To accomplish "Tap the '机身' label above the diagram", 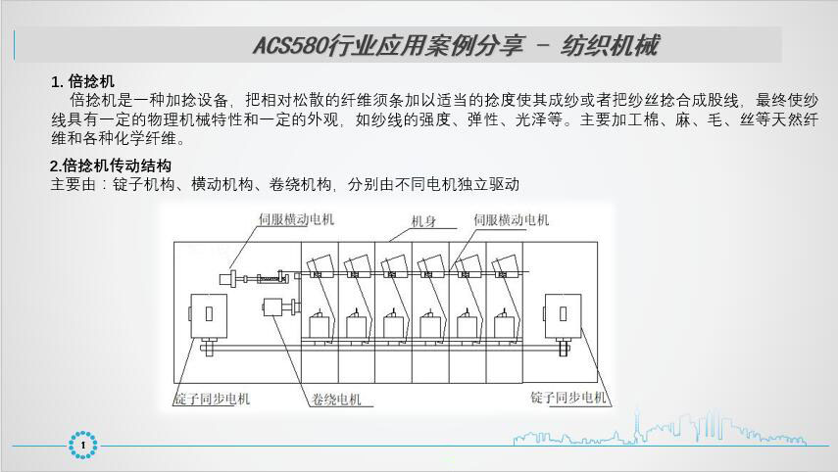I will pos(424,221).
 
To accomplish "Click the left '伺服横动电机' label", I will pos(296,220).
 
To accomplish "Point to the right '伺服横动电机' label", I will pos(511,220).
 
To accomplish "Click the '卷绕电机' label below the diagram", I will pos(337,399).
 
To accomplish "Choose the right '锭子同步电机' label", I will pos(569,398).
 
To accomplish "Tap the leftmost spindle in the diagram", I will pos(320,326).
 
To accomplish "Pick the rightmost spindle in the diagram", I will pos(506,326).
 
